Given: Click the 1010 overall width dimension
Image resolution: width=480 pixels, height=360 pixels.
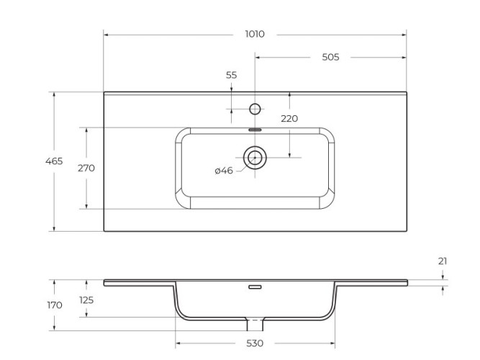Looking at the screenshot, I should pyautogui.click(x=255, y=34).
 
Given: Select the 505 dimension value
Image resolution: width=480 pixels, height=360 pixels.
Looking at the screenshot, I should pyautogui.click(x=330, y=57).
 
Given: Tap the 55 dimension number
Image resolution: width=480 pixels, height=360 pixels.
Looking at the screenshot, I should pyautogui.click(x=231, y=75).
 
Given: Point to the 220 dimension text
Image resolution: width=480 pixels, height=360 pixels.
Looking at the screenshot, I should pyautogui.click(x=289, y=119).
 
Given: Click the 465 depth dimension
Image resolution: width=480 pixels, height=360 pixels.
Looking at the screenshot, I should pyautogui.click(x=54, y=161).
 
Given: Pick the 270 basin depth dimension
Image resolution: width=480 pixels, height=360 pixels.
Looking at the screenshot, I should pyautogui.click(x=86, y=168).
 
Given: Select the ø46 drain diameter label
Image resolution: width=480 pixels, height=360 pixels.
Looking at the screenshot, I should pyautogui.click(x=224, y=171).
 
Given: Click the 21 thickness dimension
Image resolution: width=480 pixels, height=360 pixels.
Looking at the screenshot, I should pyautogui.click(x=442, y=261).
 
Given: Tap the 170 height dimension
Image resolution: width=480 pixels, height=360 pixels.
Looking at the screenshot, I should pyautogui.click(x=54, y=305).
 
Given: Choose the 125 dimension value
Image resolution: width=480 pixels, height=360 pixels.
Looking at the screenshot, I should pyautogui.click(x=86, y=300).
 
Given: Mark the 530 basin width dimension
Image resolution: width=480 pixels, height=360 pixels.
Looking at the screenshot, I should pyautogui.click(x=255, y=343).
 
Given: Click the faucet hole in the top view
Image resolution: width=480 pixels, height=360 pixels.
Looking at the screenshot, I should pyautogui.click(x=255, y=109).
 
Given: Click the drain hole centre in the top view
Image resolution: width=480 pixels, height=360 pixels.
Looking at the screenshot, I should pyautogui.click(x=255, y=157).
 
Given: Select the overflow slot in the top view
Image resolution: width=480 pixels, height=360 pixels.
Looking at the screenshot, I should pyautogui.click(x=255, y=130).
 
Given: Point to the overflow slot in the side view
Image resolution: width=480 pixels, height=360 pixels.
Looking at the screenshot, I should pyautogui.click(x=255, y=287).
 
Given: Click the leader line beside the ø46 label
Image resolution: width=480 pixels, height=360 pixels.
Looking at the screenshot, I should pyautogui.click(x=240, y=168).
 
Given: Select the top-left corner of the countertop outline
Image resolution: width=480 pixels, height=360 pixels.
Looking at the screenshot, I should pyautogui.click(x=104, y=91).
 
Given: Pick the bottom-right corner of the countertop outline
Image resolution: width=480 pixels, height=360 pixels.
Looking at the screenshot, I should pyautogui.click(x=407, y=231).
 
